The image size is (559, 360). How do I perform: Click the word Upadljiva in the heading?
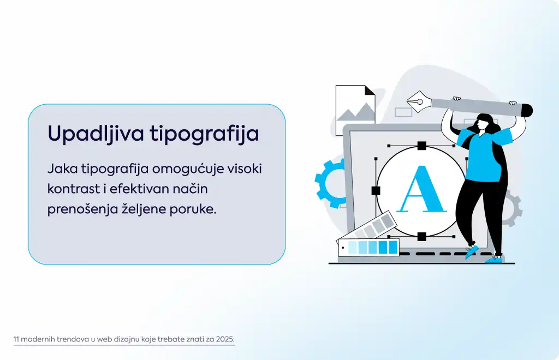(x=96, y=134)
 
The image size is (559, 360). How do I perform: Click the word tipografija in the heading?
(x=204, y=134)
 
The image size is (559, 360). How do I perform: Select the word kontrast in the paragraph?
(x=74, y=189)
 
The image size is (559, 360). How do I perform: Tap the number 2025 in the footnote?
(x=225, y=339)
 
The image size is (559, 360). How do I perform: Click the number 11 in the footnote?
(x=16, y=339)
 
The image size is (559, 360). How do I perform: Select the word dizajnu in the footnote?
(x=127, y=339)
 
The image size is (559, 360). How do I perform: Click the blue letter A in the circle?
(x=422, y=189)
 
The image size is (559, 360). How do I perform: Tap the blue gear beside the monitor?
(x=329, y=183)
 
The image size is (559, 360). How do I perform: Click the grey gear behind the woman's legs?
(x=512, y=208)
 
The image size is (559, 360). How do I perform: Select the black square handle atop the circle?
(x=422, y=146)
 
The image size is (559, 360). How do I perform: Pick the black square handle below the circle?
(x=422, y=236)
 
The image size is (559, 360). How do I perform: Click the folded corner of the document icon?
(x=370, y=91)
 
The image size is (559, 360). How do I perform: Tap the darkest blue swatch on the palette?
(x=393, y=247)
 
